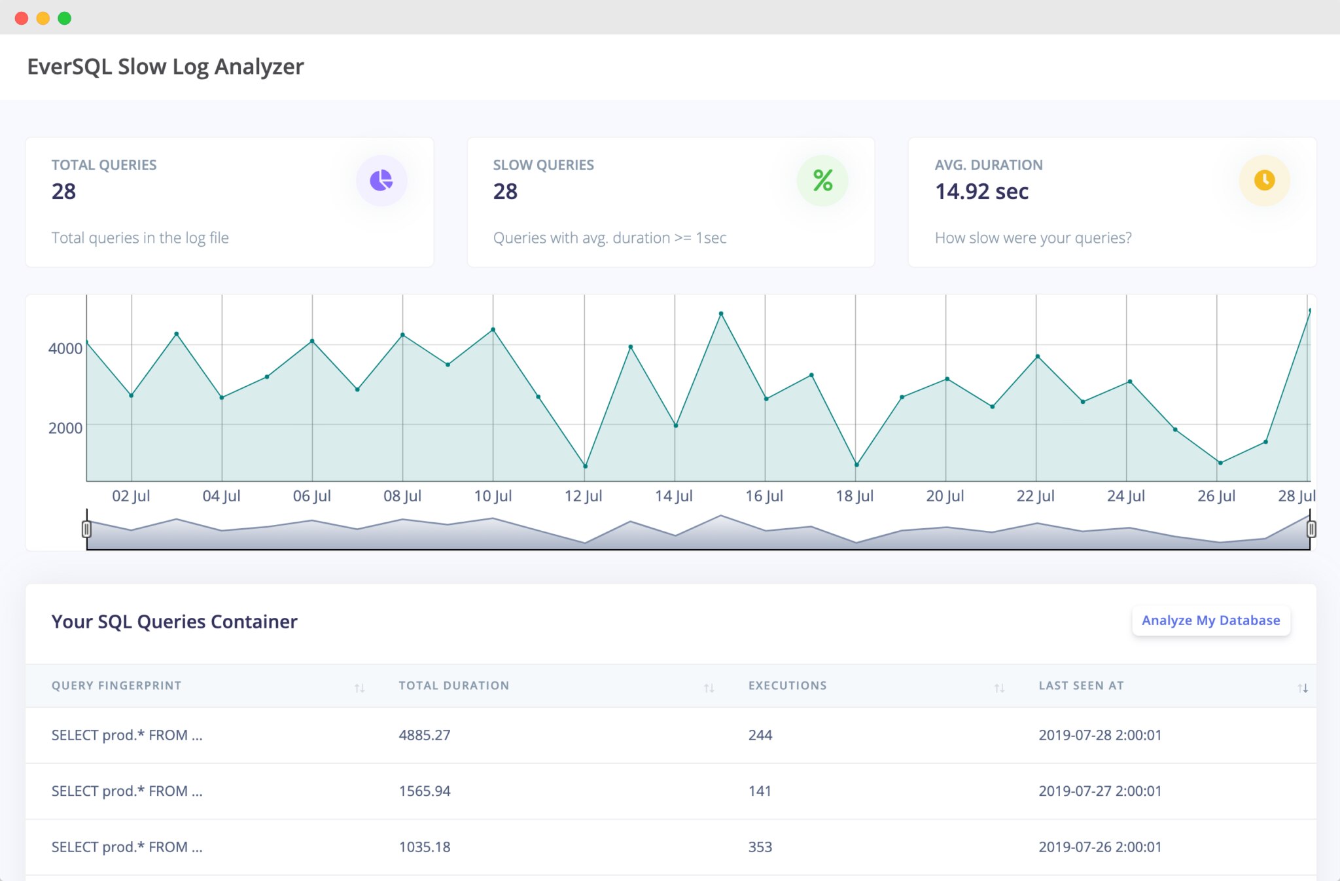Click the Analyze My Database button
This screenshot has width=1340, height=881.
tap(1210, 620)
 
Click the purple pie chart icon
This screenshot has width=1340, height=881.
tap(381, 181)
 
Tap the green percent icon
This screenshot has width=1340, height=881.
tap(822, 181)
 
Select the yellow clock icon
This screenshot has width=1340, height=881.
tap(1264, 181)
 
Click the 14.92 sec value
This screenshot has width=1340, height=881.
tap(981, 192)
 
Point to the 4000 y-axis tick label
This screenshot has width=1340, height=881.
tap(65, 348)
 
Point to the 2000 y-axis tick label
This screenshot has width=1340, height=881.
tap(65, 428)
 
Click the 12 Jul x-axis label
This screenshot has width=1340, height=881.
tap(583, 496)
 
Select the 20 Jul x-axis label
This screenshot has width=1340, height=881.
tap(945, 496)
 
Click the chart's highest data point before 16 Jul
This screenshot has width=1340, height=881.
tap(721, 314)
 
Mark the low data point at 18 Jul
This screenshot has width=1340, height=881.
tap(856, 465)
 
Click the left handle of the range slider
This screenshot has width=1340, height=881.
tap(86, 529)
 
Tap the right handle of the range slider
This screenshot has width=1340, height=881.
tap(1311, 529)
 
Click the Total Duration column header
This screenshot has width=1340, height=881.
tap(453, 686)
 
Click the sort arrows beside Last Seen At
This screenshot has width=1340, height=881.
tap(1302, 688)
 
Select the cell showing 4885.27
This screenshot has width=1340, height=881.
tap(425, 735)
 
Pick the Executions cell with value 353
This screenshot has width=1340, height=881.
tap(760, 847)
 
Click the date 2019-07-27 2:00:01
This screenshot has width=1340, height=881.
tap(1100, 791)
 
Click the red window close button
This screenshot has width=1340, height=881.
tap(22, 18)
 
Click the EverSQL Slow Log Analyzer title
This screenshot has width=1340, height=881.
tap(166, 67)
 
